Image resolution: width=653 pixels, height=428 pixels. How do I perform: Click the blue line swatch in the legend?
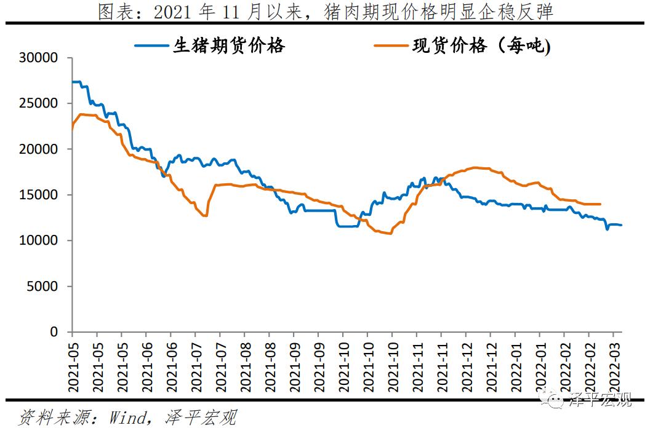pyautogui.click(x=150, y=46)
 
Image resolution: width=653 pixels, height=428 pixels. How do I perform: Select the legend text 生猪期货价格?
pyautogui.click(x=229, y=46)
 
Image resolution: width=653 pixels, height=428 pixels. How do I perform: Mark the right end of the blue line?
pyautogui.click(x=621, y=225)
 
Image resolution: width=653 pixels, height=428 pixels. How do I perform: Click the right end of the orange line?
pyautogui.click(x=600, y=204)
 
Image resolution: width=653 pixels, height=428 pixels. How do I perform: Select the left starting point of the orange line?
pyautogui.click(x=73, y=129)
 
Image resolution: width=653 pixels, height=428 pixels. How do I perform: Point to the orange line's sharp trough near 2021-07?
pyautogui.click(x=206, y=216)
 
